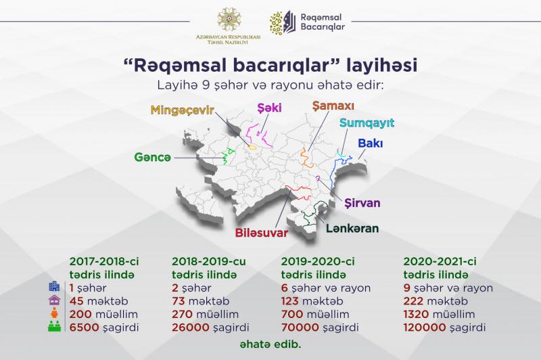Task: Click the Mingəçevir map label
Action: pos(182,110)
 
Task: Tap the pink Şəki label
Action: pos(269,108)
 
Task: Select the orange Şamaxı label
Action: pos(333,106)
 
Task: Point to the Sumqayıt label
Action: pos(367,123)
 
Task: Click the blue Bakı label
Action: pos(370,143)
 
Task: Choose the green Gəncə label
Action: pos(153,158)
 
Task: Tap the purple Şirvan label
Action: pos(362,203)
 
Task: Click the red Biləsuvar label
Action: pos(262,233)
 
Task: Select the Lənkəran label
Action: pos(352,228)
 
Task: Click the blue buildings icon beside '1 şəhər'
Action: pos(55,286)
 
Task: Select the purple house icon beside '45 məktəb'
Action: pos(55,300)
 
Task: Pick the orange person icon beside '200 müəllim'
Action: pos(55,313)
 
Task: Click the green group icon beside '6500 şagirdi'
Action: pos(55,327)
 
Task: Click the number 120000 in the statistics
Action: pos(425,328)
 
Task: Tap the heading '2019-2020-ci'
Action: pos(318,261)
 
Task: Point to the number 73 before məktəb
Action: pos(179,301)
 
